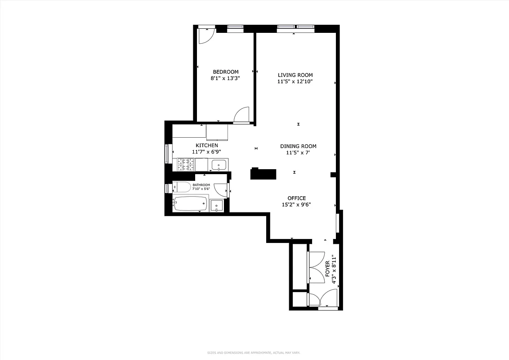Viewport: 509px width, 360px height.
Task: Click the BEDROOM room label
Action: point(225,72)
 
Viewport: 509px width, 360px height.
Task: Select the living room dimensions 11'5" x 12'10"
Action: point(295,82)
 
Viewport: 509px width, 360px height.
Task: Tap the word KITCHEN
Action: point(207,145)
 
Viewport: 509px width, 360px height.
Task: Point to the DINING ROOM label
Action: point(298,146)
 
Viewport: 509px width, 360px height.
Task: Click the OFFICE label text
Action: point(297,198)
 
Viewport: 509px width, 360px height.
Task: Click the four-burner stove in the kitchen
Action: point(186,165)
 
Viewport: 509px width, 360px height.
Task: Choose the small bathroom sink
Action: point(217,206)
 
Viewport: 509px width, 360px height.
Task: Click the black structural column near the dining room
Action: point(263,174)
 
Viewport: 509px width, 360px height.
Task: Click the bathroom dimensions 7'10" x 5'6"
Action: point(201,189)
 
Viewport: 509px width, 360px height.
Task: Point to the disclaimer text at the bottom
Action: point(254,352)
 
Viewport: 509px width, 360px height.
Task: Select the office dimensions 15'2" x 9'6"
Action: point(296,205)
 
